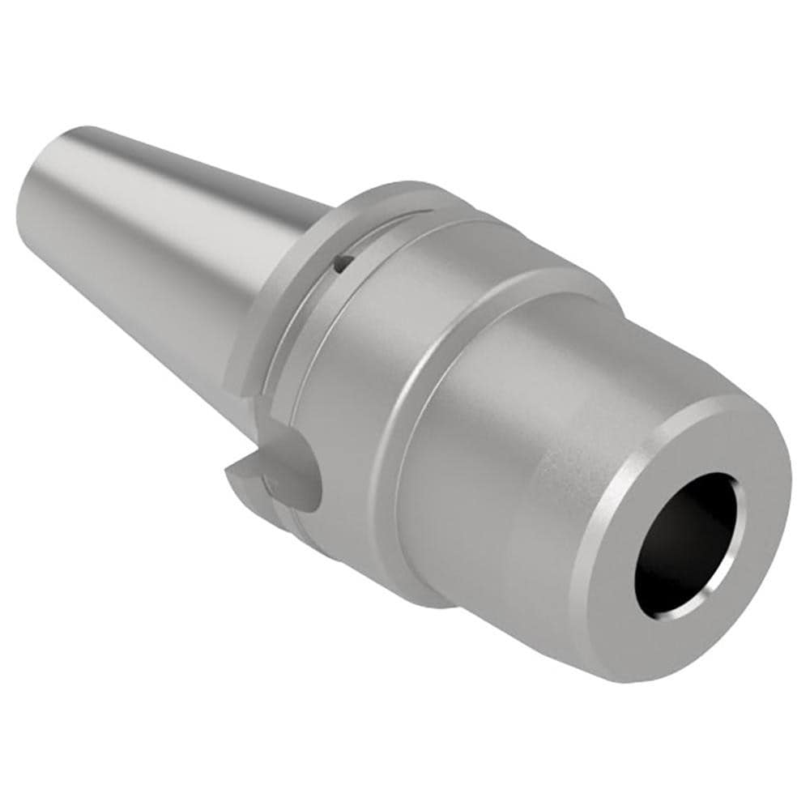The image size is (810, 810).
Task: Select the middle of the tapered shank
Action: (x=162, y=243)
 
